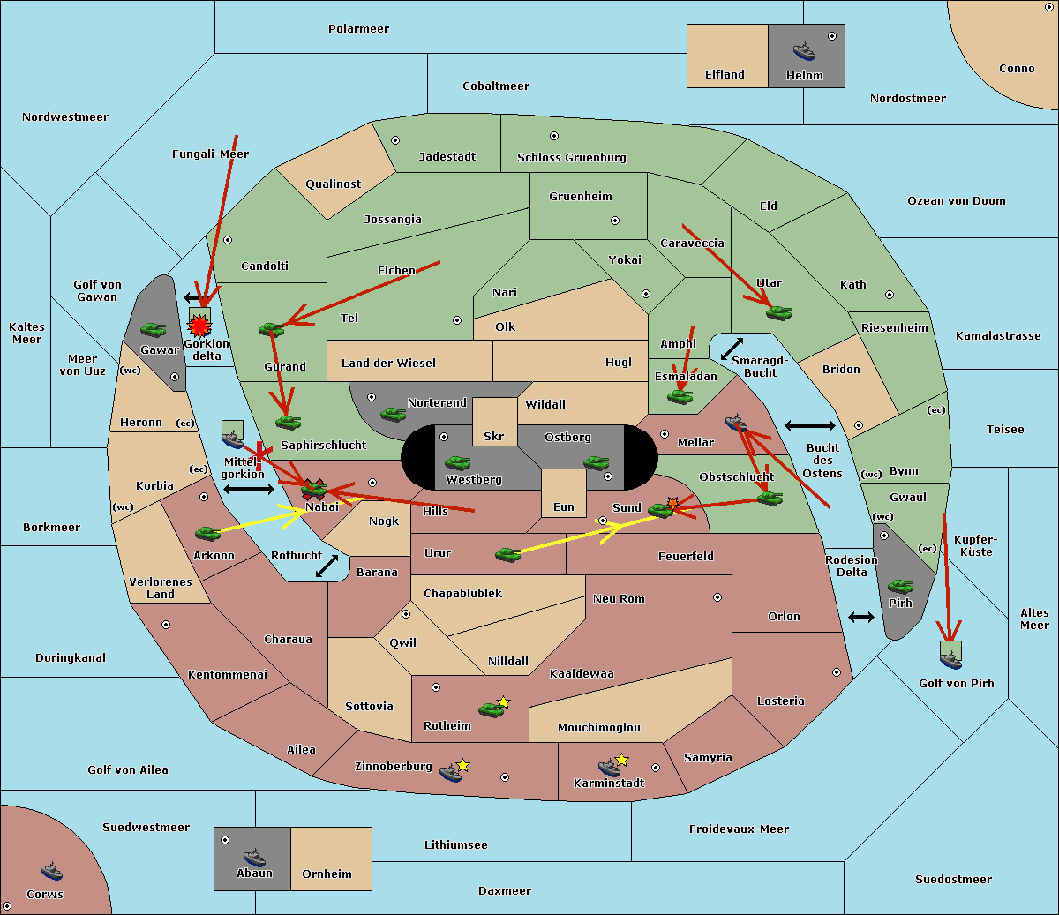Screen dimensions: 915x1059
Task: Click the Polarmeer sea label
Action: coord(358,29)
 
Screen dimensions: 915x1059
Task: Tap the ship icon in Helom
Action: coord(804,50)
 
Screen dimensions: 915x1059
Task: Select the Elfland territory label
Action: coord(725,75)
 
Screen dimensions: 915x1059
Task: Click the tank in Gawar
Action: coord(154,330)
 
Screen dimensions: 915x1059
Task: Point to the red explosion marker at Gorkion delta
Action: coord(200,326)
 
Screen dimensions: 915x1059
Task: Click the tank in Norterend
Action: coord(394,414)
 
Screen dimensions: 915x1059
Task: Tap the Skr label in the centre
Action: coord(493,437)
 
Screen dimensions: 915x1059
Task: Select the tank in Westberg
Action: coord(457,462)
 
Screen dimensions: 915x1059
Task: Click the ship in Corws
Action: coord(51,872)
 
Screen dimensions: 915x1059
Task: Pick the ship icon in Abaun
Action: coord(254,857)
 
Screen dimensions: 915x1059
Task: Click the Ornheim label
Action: coord(327,874)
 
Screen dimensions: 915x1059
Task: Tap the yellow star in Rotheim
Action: coord(504,702)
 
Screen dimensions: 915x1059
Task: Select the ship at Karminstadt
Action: coord(609,768)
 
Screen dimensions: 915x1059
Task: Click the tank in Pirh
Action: coord(901,586)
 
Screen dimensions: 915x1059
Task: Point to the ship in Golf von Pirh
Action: coord(950,657)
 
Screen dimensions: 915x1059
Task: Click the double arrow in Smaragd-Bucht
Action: coord(732,349)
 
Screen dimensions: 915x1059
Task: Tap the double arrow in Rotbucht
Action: coord(327,566)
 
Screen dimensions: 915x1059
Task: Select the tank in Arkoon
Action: coord(207,533)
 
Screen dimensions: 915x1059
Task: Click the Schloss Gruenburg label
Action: coord(571,158)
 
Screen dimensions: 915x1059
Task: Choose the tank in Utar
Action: coord(778,312)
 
